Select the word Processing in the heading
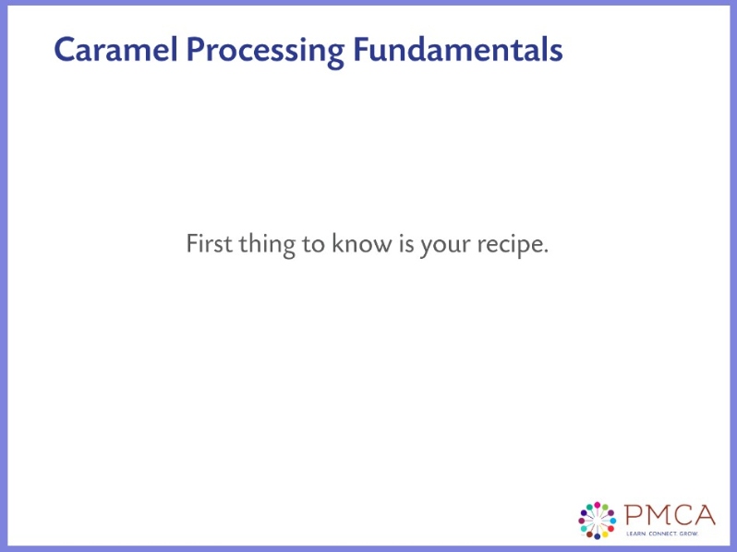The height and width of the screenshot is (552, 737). tap(264, 50)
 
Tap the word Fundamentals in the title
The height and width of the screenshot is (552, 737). tap(457, 50)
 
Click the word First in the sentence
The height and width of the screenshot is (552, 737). tap(209, 245)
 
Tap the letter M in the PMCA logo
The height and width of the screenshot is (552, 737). tap(657, 513)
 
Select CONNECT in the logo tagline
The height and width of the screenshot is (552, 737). tap(661, 534)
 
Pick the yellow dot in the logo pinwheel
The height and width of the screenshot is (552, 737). tap(605, 534)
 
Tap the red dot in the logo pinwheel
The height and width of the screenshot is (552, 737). tap(610, 528)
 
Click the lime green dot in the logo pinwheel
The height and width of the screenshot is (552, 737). tap(605, 507)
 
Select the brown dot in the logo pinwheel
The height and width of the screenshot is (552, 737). tap(589, 534)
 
